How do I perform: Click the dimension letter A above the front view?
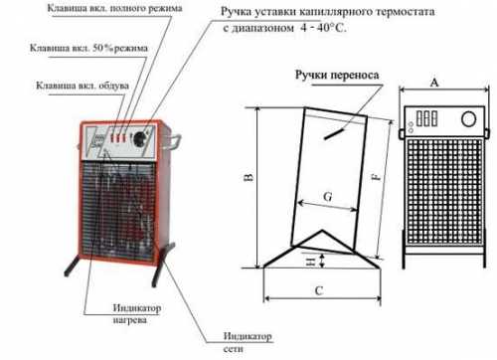point(434,83)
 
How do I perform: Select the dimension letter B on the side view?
point(249,177)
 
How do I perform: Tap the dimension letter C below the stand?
point(319,291)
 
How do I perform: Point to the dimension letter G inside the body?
point(328,197)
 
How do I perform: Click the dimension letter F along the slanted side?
point(377,177)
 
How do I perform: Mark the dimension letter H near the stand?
point(311,262)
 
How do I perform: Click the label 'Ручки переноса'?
point(337,76)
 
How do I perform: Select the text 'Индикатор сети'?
point(248,342)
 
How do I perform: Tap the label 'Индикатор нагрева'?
point(137,314)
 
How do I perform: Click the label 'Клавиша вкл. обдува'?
point(83,86)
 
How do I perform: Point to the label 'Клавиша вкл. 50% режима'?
point(88,48)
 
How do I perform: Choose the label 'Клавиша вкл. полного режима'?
point(114,8)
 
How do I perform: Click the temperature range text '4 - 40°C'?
point(323,28)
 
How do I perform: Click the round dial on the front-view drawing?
point(468,119)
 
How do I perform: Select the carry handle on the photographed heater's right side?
point(174,141)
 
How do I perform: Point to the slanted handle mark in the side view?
point(334,133)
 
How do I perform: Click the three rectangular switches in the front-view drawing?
point(426,118)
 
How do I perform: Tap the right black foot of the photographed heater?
point(163,265)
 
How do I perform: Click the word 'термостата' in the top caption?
point(407,12)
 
